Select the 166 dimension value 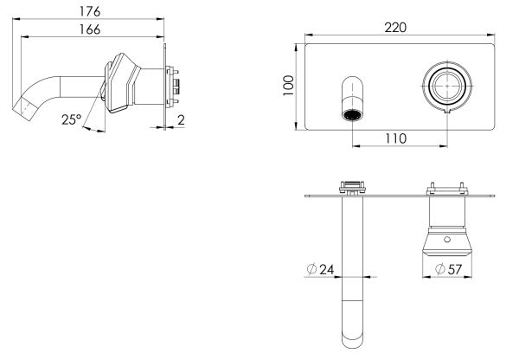(x=87, y=29)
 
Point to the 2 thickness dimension (x=180, y=119)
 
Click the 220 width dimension (x=395, y=28)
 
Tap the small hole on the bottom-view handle (x=447, y=237)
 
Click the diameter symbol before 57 (x=439, y=270)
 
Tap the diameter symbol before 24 (x=311, y=270)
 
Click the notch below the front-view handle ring (x=446, y=112)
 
